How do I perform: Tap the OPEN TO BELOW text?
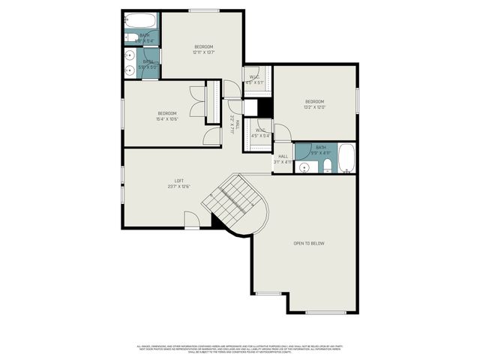308,244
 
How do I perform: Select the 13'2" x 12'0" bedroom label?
314,104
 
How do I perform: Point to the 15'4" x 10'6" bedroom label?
166,115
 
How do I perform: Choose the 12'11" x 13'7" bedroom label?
203,49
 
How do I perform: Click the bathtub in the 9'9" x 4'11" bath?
346,158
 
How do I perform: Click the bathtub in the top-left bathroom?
136,20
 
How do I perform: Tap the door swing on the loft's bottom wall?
193,219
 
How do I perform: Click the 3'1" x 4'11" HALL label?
283,159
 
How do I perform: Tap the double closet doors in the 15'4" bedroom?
198,101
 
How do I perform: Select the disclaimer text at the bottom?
240,349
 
